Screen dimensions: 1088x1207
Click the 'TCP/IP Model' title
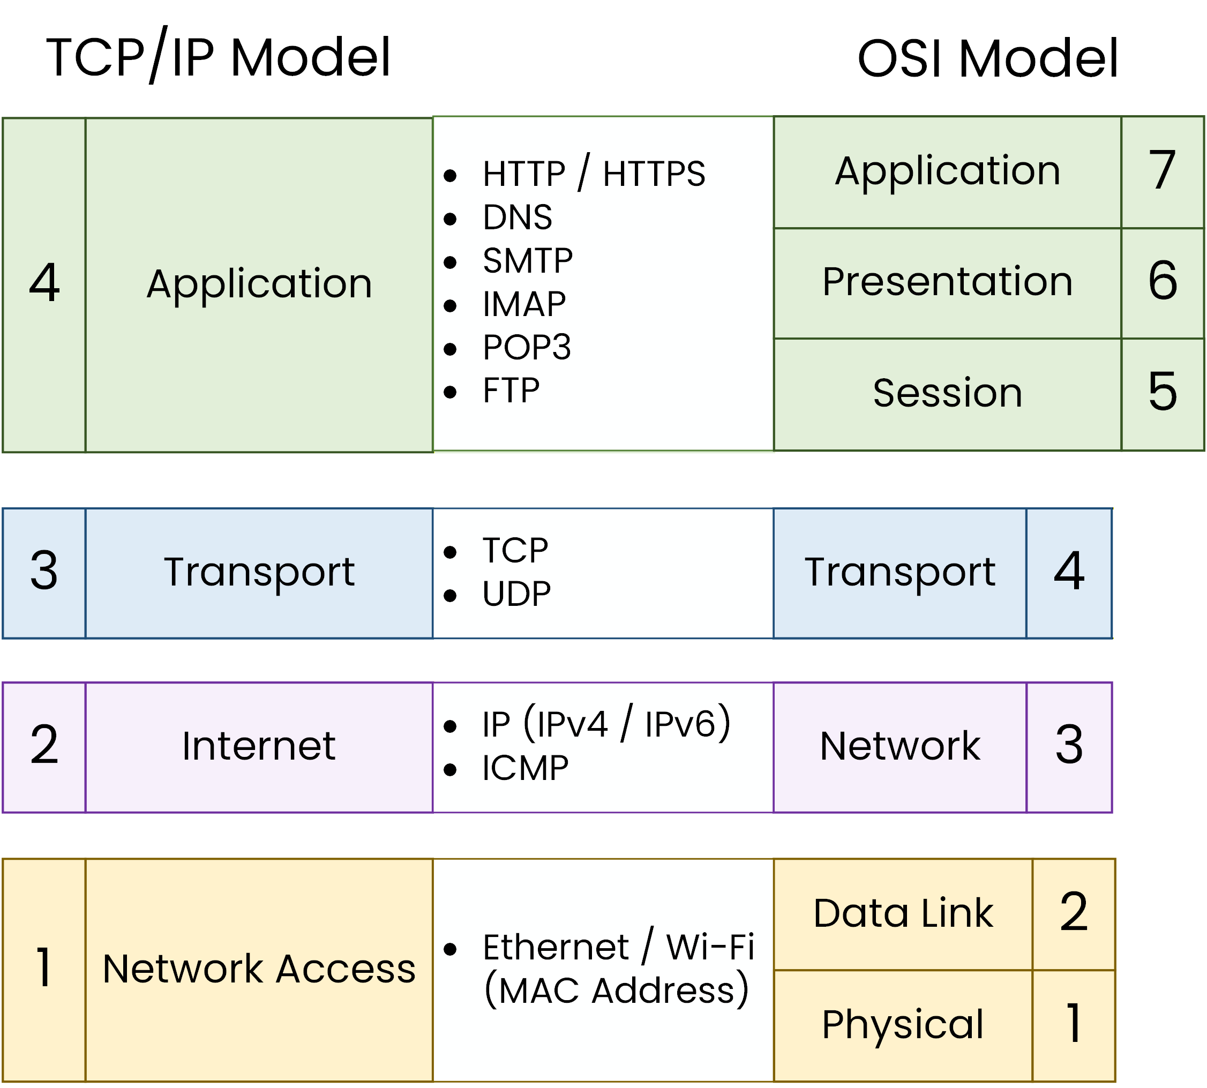218,57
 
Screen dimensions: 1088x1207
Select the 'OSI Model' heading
986,58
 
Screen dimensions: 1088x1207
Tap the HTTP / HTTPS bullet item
593,174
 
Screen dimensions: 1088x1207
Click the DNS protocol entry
517,217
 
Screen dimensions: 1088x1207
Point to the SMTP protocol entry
527,261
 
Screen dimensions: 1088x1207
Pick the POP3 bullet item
527,347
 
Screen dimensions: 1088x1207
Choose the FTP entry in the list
511,391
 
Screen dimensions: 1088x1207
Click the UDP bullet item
516,594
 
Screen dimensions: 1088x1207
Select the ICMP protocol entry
525,768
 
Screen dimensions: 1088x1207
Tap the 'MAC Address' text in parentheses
616,991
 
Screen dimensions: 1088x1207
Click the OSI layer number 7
1161,171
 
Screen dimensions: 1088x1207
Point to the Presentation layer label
947,282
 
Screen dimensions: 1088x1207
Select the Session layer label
947,393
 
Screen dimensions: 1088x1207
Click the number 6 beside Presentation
1161,281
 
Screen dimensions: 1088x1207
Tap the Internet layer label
258,746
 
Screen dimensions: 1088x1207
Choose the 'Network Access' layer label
258,969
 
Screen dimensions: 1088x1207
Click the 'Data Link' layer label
903,913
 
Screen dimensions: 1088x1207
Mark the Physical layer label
902,1024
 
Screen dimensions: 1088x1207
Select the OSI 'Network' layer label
899,746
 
